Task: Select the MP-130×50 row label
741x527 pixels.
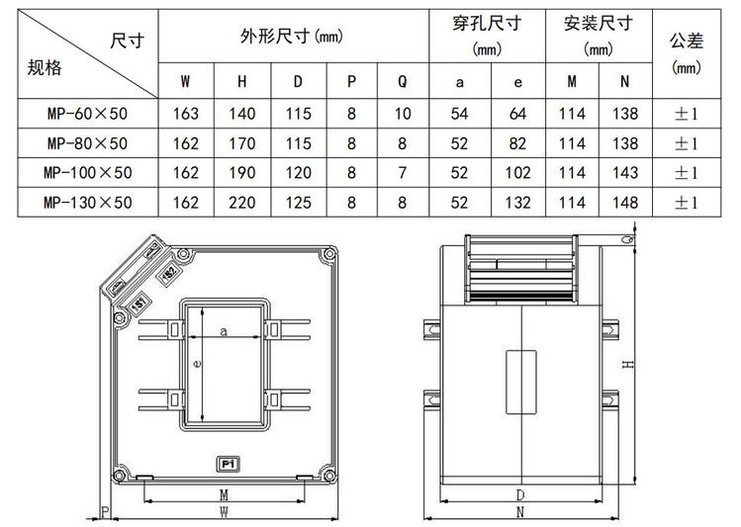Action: coord(86,203)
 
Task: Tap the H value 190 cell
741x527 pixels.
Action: coord(241,173)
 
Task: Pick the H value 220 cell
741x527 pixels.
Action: coord(241,203)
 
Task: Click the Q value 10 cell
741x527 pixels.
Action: coord(402,114)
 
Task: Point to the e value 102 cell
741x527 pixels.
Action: coord(517,173)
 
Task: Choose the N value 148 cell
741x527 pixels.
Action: coord(624,203)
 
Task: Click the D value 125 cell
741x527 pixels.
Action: coord(298,203)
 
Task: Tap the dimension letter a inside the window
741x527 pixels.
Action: coord(224,332)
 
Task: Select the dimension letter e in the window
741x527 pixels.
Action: coord(198,365)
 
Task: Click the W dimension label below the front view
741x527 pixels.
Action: coord(225,511)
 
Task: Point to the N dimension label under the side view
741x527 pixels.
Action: coord(520,512)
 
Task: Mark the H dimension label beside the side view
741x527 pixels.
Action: coord(627,365)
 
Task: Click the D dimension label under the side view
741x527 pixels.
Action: coord(520,493)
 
